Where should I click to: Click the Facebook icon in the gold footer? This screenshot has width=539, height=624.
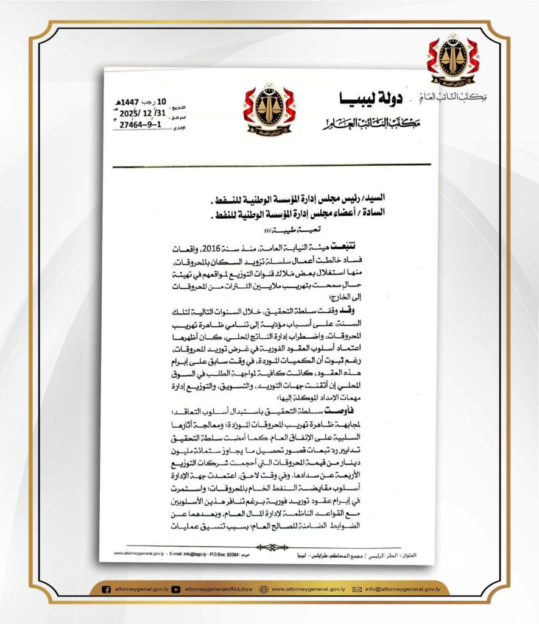(107, 589)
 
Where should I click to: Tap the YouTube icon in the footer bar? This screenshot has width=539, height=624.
(175, 589)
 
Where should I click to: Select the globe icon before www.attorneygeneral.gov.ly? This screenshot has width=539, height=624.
(264, 589)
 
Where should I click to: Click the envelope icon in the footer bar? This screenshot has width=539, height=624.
(358, 589)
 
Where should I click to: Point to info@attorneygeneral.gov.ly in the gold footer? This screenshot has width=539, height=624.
(402, 589)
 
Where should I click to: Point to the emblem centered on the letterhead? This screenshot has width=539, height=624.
(269, 110)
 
